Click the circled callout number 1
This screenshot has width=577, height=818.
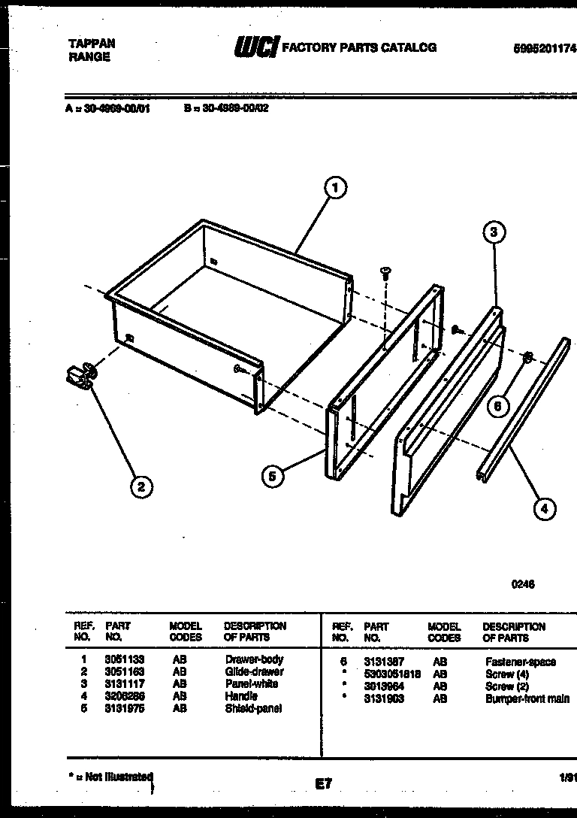tap(336, 188)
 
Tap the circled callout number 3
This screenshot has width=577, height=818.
tap(493, 232)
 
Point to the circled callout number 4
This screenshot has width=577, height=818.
tap(544, 509)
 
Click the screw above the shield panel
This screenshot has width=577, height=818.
tap(386, 272)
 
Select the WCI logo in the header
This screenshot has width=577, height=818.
tap(256, 48)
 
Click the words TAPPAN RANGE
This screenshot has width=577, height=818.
tap(92, 50)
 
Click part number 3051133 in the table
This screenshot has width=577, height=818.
tap(125, 659)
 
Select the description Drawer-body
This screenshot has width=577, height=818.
tap(254, 659)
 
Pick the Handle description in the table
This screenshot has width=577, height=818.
tap(240, 696)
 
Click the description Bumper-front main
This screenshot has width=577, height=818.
tap(527, 698)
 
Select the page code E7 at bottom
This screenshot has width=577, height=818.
tap(323, 783)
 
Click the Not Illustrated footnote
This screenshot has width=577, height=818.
tap(113, 777)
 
